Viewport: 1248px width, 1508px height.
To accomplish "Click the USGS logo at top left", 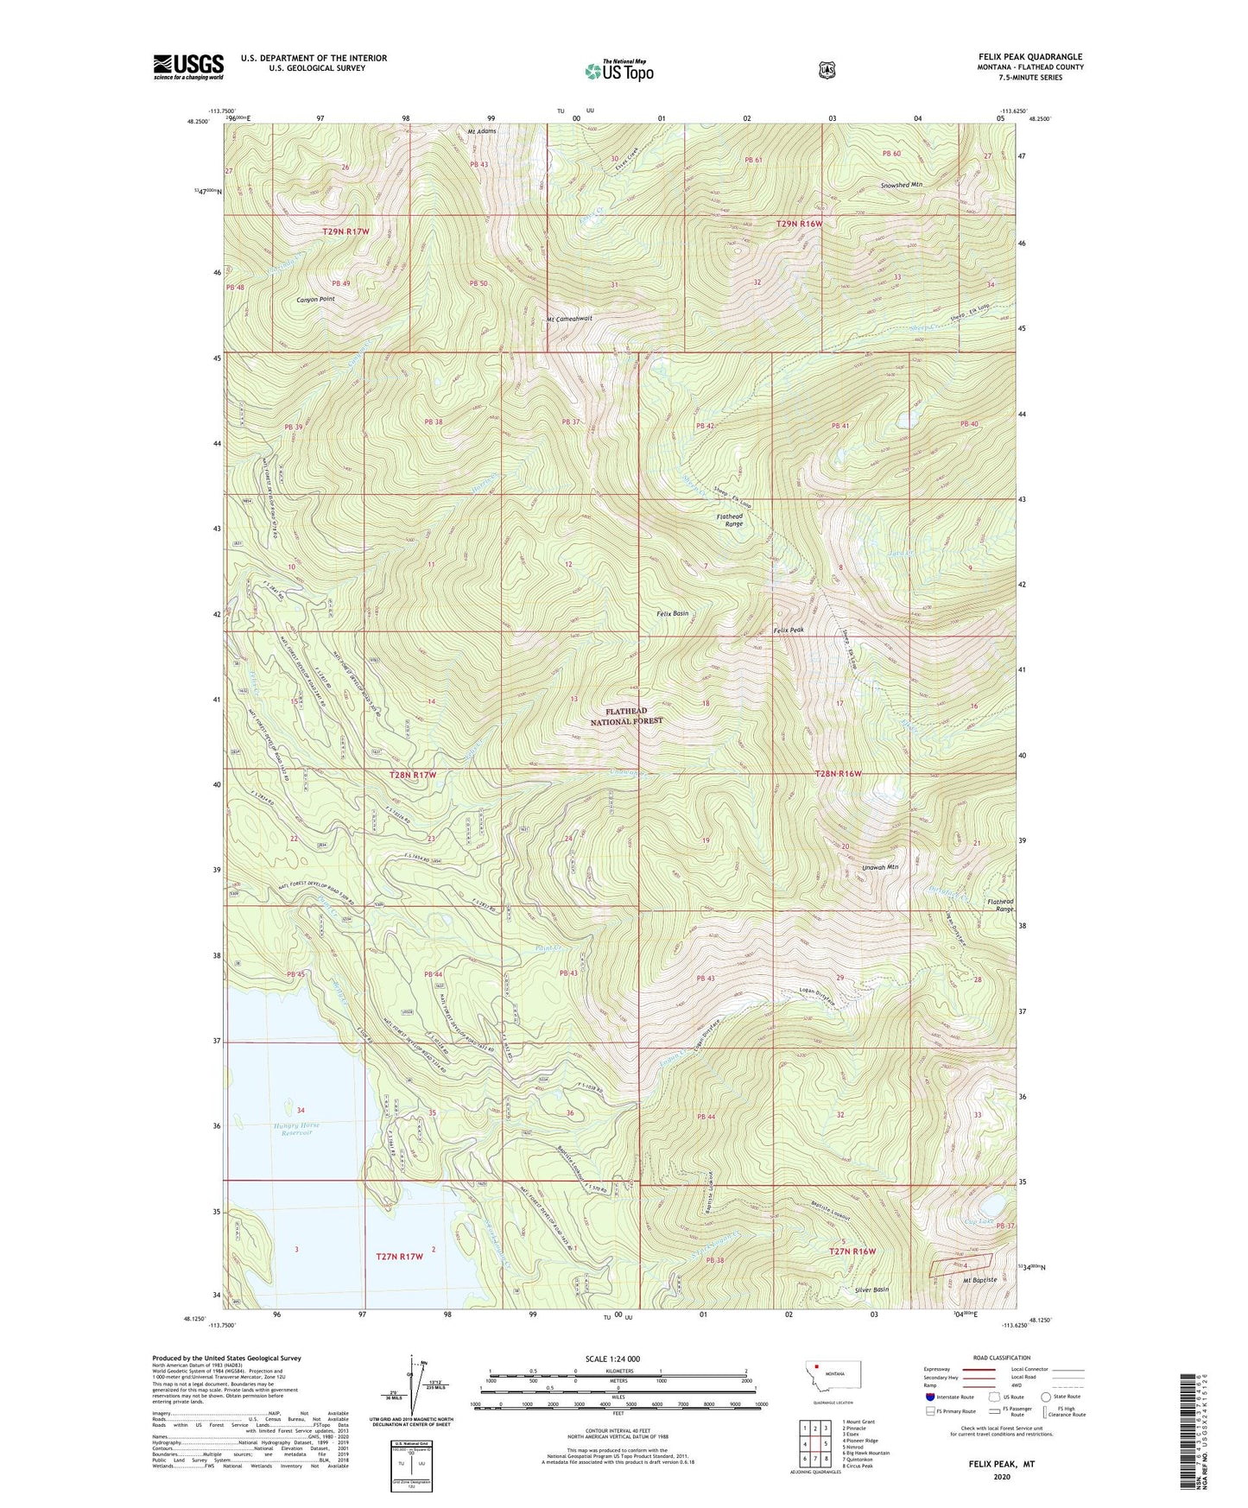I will [x=188, y=67].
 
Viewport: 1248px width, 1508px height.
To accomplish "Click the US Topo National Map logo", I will [x=618, y=71].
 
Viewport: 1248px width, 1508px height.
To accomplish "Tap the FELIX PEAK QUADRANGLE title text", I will [x=1023, y=57].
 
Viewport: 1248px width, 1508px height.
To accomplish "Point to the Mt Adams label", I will [x=482, y=132].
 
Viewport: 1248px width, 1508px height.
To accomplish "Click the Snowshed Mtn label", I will [x=902, y=185].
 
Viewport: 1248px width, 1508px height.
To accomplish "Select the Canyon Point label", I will [x=315, y=299].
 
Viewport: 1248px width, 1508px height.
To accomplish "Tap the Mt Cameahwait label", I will [x=569, y=319].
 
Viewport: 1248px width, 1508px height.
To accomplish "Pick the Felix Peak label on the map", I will [x=788, y=630].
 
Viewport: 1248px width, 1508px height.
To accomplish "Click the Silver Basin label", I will [x=870, y=1289].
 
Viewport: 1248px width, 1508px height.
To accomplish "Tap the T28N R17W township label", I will [x=411, y=775].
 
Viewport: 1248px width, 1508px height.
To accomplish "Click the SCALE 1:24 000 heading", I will [x=612, y=1359].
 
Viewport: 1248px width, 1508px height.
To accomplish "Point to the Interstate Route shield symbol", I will [x=929, y=1397].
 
